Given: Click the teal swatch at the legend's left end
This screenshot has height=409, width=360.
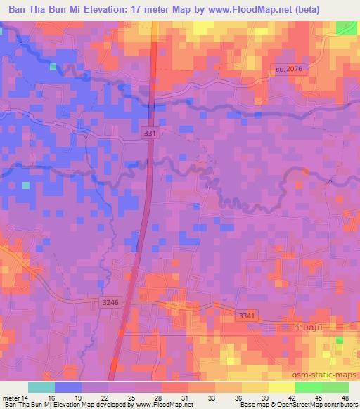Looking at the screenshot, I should coord(41,387).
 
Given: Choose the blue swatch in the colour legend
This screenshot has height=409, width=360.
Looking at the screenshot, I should coord(68,387).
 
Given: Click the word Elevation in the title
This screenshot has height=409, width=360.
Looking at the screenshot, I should coord(114,10).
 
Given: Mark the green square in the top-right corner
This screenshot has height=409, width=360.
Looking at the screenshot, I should coord(345,27).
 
